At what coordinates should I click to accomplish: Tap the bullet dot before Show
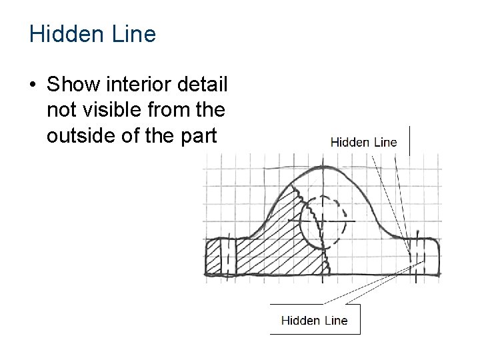coord(32,86)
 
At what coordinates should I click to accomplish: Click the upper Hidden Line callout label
coord(363,141)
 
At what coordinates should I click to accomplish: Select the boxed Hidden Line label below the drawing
coord(314,320)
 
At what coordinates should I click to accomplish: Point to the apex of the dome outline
coord(322,167)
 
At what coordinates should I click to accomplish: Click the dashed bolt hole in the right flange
coord(417,255)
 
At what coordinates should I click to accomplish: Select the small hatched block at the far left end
coord(213,257)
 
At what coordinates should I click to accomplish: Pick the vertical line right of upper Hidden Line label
coord(409,140)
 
